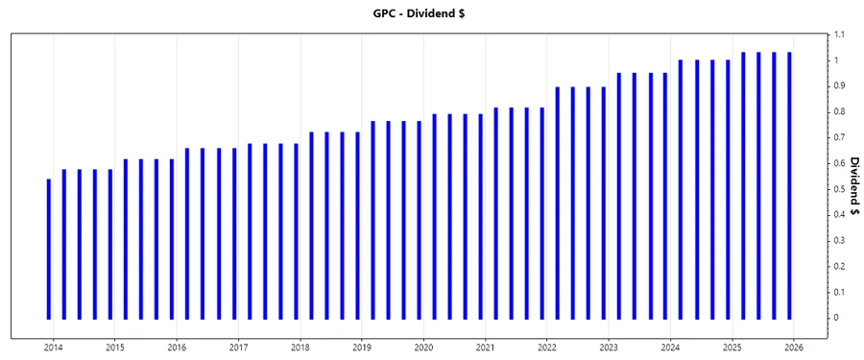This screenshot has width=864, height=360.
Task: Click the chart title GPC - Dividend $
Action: pos(431,13)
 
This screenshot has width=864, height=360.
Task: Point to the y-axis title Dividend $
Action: pos(852,201)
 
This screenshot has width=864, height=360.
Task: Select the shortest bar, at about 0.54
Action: pos(49,249)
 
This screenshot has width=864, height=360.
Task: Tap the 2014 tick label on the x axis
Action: pos(53,347)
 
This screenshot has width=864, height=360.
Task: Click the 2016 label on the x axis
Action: pos(177,347)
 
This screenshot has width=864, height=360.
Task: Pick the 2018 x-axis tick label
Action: pos(300,347)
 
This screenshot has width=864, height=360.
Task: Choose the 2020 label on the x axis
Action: pos(423,347)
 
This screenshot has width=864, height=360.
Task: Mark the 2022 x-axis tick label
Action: pos(547,347)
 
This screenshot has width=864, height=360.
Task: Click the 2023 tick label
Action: pos(609,347)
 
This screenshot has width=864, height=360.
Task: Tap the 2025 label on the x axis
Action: pos(732,347)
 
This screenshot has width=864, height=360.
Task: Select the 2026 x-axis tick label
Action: pos(794,347)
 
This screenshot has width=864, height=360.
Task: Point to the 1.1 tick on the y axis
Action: pos(838,35)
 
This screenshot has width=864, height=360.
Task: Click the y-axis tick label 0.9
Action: pos(838,86)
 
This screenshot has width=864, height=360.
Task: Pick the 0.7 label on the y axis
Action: pos(838,137)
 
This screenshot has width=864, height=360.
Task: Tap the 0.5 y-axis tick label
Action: pos(838,189)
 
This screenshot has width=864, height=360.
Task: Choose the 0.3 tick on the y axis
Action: pos(838,240)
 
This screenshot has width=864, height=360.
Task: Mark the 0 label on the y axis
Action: pos(835,318)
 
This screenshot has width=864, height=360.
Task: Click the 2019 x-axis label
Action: pos(362,347)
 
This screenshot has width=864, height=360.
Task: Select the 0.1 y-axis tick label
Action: pos(838,292)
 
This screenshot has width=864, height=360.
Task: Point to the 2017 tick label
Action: pos(238,347)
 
